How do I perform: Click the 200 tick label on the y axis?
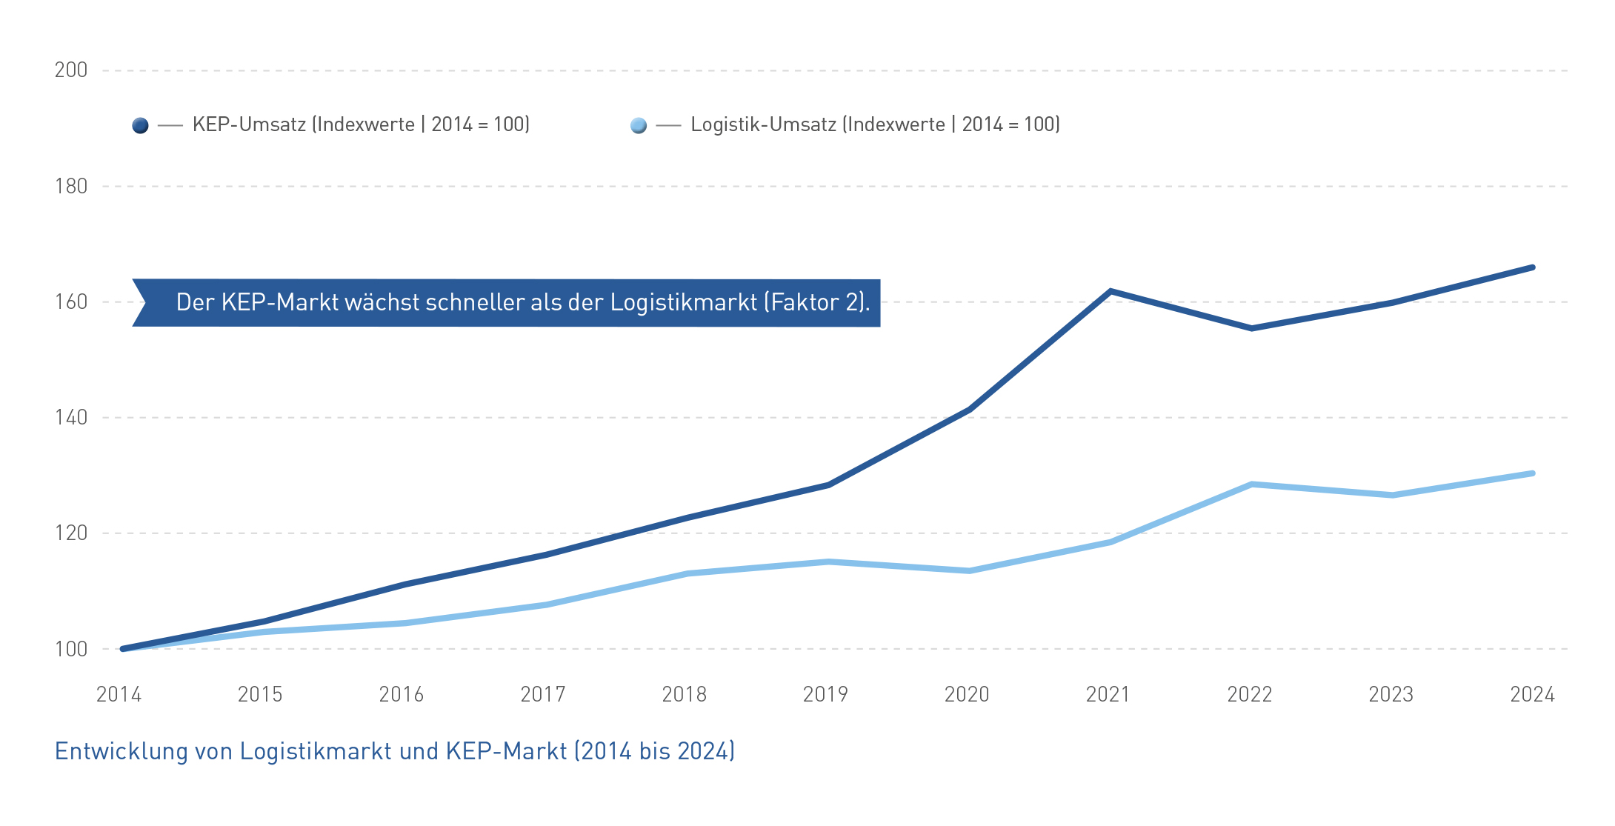pyautogui.click(x=71, y=70)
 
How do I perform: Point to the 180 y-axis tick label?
pyautogui.click(x=71, y=186)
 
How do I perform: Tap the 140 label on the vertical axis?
pyautogui.click(x=71, y=418)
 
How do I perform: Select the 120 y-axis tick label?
pyautogui.click(x=71, y=533)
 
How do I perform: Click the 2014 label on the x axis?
pyautogui.click(x=119, y=695)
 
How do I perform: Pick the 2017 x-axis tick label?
pyautogui.click(x=543, y=695)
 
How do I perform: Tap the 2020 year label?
pyautogui.click(x=967, y=695)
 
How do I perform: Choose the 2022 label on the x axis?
pyautogui.click(x=1250, y=695)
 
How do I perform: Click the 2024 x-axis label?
pyautogui.click(x=1533, y=695)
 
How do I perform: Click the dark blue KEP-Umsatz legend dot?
pyautogui.click(x=140, y=126)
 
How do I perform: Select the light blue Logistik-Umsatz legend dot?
pyautogui.click(x=639, y=126)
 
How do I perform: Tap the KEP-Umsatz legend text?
pyautogui.click(x=361, y=124)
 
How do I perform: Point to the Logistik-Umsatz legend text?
pyautogui.click(x=875, y=124)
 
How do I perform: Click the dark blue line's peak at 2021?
pyautogui.click(x=1110, y=291)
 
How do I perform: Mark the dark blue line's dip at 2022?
pyautogui.click(x=1251, y=328)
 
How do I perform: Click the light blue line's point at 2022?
pyautogui.click(x=1251, y=484)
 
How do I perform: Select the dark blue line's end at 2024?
pyautogui.click(x=1532, y=267)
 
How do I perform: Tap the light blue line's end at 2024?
pyautogui.click(x=1532, y=473)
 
